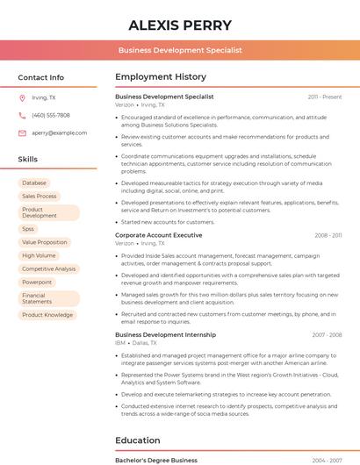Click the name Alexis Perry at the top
[180, 25]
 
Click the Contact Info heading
[40, 77]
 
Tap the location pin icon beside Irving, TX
[22, 97]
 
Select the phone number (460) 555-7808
[51, 115]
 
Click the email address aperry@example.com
[59, 132]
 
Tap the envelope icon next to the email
[22, 132]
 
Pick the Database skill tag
[34, 182]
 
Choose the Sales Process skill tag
[39, 197]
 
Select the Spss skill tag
[28, 228]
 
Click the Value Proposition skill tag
[44, 242]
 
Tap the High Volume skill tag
[39, 255]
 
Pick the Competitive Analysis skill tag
[48, 269]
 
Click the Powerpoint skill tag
[37, 283]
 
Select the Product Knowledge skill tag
[47, 314]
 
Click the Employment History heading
[161, 77]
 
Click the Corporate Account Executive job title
[158, 235]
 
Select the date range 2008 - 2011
[328, 235]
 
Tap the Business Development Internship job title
[165, 334]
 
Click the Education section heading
[138, 440]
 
